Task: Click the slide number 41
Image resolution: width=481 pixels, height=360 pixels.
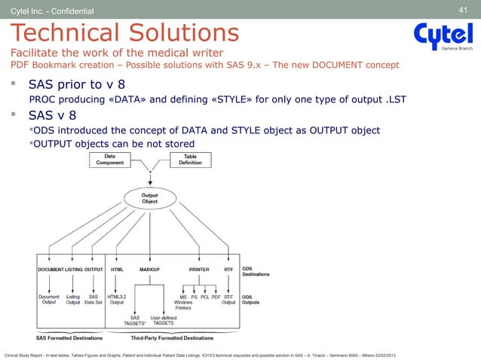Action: coord(464,9)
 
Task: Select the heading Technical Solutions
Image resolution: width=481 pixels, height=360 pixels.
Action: coord(124,32)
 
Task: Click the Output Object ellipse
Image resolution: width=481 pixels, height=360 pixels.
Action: coord(150,198)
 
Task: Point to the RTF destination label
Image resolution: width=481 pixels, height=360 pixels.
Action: coord(228,269)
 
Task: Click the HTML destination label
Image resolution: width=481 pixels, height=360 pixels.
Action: coord(118,269)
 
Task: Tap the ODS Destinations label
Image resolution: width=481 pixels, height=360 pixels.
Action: coord(256,271)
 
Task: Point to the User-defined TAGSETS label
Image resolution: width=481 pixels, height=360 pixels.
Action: coord(164,320)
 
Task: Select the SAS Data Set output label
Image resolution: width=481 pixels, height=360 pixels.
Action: coord(94,300)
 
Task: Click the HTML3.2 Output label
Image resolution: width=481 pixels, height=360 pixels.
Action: coord(118,300)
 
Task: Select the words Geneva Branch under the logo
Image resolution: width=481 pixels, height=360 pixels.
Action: coord(457,47)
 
